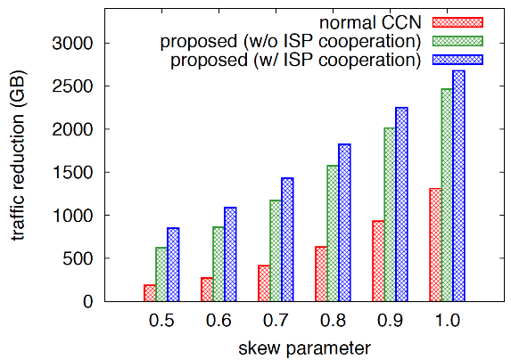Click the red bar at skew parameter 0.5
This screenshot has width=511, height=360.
[150, 293]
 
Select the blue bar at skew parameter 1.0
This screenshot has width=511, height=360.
[459, 185]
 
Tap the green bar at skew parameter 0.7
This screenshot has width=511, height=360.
[276, 250]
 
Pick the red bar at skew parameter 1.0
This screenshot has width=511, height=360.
[435, 245]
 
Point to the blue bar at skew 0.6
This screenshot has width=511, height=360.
[230, 254]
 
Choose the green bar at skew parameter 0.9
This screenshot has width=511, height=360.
[390, 215]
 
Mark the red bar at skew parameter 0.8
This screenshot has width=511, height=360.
[321, 274]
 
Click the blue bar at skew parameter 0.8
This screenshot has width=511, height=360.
[344, 223]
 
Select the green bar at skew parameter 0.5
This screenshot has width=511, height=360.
[161, 274]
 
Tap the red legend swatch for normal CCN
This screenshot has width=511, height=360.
[457, 22]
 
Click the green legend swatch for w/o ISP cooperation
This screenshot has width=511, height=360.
[457, 41]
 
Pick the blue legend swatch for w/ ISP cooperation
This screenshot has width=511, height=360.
[457, 60]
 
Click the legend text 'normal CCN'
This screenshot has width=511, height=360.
[370, 22]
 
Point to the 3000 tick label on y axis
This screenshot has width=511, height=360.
[72, 43]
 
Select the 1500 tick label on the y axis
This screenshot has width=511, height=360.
[72, 172]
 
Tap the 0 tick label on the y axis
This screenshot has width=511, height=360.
[88, 302]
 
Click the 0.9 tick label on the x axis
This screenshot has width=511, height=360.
[390, 321]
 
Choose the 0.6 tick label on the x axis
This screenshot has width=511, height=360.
[218, 321]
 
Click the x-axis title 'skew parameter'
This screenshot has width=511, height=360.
[304, 348]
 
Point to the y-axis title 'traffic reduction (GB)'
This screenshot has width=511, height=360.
[18, 155]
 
